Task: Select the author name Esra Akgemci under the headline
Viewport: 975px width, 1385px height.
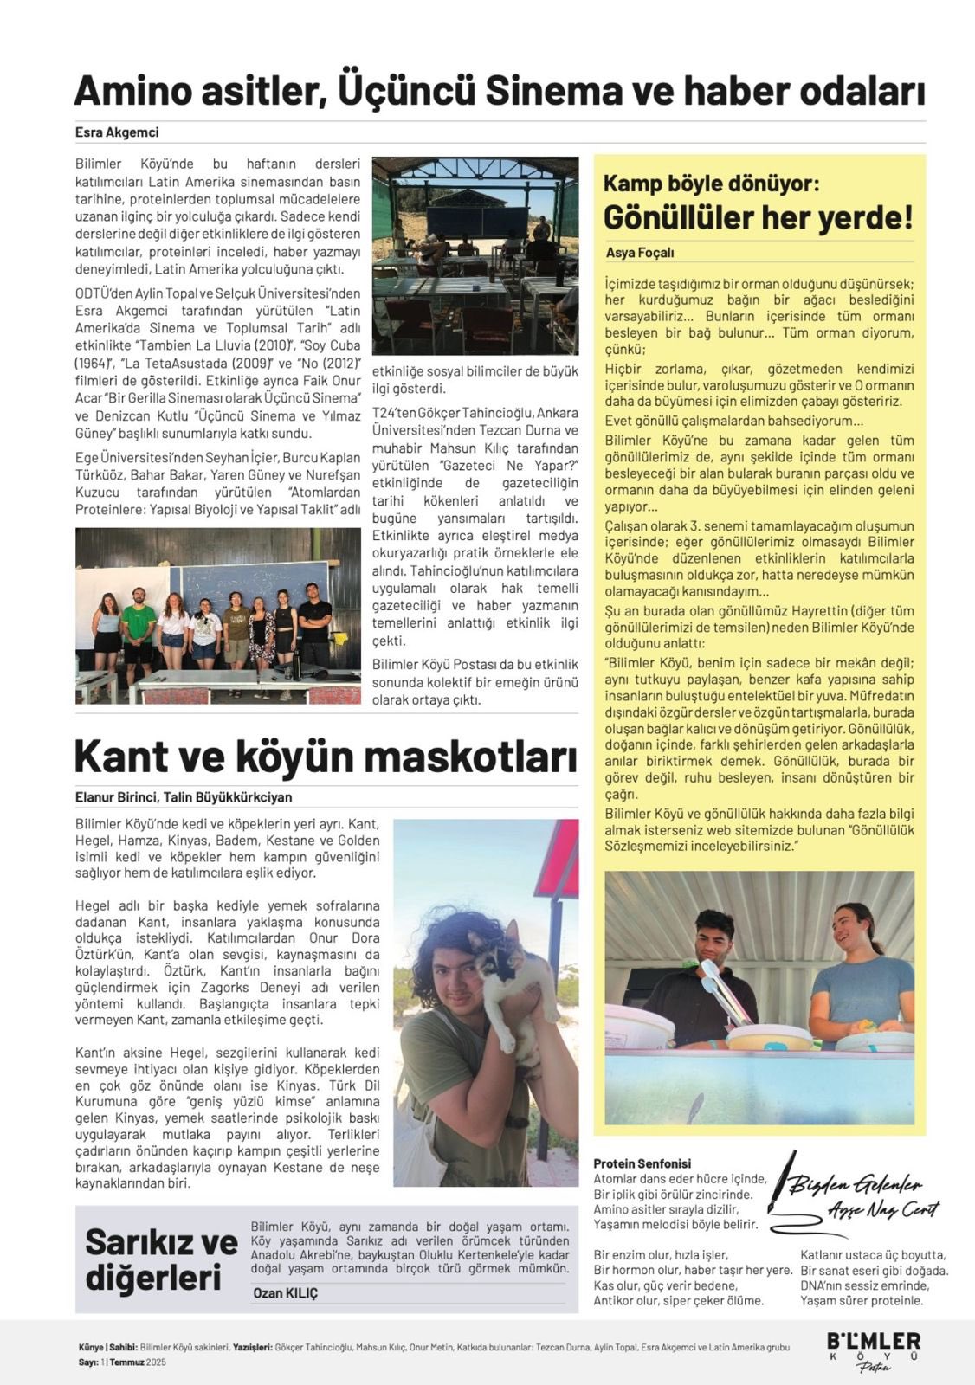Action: click(117, 132)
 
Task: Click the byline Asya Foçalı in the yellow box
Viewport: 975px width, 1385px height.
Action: click(640, 253)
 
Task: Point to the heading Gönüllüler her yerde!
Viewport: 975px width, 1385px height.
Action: click(758, 217)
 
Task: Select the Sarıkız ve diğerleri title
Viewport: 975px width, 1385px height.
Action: click(161, 1259)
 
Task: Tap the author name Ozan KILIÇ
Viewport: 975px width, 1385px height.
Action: click(285, 1293)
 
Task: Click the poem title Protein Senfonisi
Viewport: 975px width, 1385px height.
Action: click(642, 1163)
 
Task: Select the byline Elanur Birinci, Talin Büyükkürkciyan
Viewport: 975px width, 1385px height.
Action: click(184, 797)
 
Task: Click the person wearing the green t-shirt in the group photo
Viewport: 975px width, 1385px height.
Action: click(138, 628)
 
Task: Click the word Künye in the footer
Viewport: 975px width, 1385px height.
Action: click(91, 1347)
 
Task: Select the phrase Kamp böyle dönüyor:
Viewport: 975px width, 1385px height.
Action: click(711, 184)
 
